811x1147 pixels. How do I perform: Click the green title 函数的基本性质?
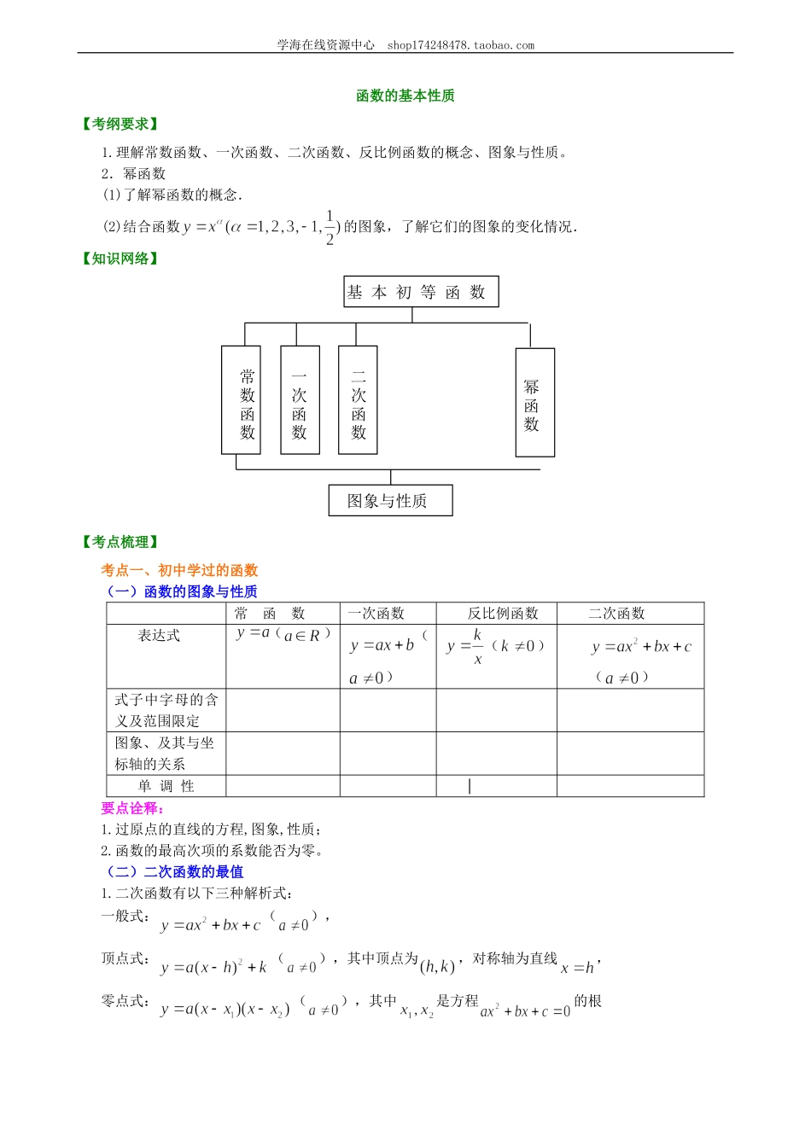point(405,96)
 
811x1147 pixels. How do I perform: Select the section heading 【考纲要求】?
point(120,125)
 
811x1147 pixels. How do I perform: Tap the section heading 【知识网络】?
point(120,259)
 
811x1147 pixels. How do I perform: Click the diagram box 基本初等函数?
point(420,292)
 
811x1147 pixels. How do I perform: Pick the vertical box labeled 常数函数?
point(241,399)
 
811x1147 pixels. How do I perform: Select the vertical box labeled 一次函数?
point(300,399)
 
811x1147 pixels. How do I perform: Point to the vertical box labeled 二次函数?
point(358,399)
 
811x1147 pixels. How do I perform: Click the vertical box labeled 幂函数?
point(534,403)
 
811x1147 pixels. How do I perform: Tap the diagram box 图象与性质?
point(390,501)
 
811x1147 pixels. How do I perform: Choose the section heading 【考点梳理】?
point(120,542)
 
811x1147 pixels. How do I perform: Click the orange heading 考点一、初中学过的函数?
point(179,570)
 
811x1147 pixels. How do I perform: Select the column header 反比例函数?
point(503,614)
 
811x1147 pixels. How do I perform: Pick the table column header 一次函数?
point(376,614)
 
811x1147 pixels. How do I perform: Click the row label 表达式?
point(160,636)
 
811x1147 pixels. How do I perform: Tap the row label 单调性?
point(166,786)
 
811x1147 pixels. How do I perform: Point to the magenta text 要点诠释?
point(132,808)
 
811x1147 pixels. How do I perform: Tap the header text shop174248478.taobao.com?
point(461,45)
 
